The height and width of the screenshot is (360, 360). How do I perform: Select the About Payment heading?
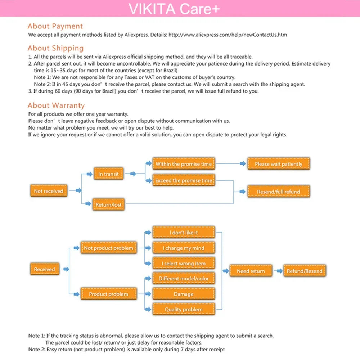click(55, 26)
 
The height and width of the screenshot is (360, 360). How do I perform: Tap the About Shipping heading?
click(55, 48)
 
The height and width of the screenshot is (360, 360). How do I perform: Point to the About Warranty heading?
click(56, 105)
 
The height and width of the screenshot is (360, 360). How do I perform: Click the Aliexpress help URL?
click(228, 35)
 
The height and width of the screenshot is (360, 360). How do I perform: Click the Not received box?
click(49, 191)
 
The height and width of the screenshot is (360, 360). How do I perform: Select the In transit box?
click(108, 174)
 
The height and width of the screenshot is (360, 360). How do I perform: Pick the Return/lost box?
click(108, 204)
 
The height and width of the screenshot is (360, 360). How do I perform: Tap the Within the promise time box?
click(184, 164)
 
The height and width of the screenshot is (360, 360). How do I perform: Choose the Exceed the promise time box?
click(184, 180)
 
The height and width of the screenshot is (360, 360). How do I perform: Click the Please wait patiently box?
click(279, 164)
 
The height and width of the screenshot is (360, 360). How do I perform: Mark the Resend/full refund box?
click(278, 192)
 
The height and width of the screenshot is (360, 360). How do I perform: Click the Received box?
click(44, 269)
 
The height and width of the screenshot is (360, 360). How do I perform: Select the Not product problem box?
click(108, 248)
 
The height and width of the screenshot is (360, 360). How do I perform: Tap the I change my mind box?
click(184, 248)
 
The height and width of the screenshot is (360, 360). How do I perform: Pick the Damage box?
click(184, 294)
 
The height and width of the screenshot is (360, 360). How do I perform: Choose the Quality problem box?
click(184, 310)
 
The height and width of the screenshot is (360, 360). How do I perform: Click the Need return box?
click(251, 271)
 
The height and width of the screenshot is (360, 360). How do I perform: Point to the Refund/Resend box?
click(304, 271)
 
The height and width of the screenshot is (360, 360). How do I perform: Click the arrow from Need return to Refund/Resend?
click(278, 271)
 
